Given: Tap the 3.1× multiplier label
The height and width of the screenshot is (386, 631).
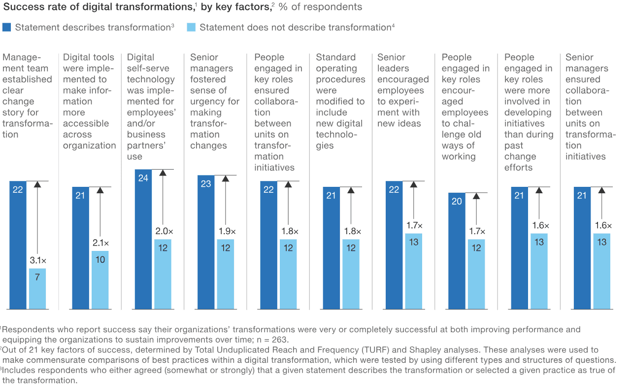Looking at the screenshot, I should pos(37,260).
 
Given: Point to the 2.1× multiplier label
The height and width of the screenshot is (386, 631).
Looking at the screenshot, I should pos(100,243).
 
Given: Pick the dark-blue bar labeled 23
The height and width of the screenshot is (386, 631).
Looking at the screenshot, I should pos(206,242).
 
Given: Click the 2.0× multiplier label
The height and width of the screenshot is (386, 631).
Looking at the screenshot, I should pos(163,231).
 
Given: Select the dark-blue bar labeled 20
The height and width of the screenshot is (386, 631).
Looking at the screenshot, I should pos(457,251).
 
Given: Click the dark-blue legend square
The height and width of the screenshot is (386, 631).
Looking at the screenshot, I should pos(7,27).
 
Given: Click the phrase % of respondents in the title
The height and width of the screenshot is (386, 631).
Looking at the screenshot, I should pos(320,7).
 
